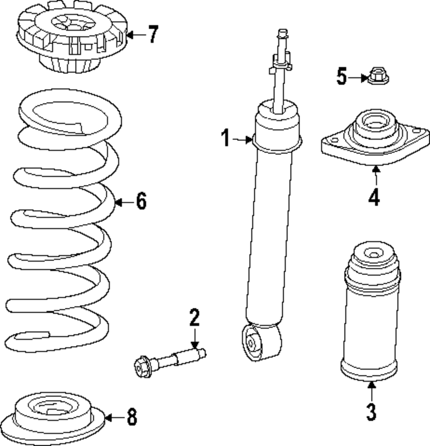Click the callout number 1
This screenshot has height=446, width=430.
[x=226, y=138]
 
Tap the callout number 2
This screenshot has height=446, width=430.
[x=194, y=319]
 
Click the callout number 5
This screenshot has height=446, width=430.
[x=341, y=77]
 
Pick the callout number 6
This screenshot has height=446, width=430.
[x=141, y=201]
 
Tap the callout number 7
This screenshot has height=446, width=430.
[x=152, y=34]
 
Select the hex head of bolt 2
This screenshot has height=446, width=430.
[x=141, y=367]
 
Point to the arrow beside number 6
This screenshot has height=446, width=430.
[x=124, y=202]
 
